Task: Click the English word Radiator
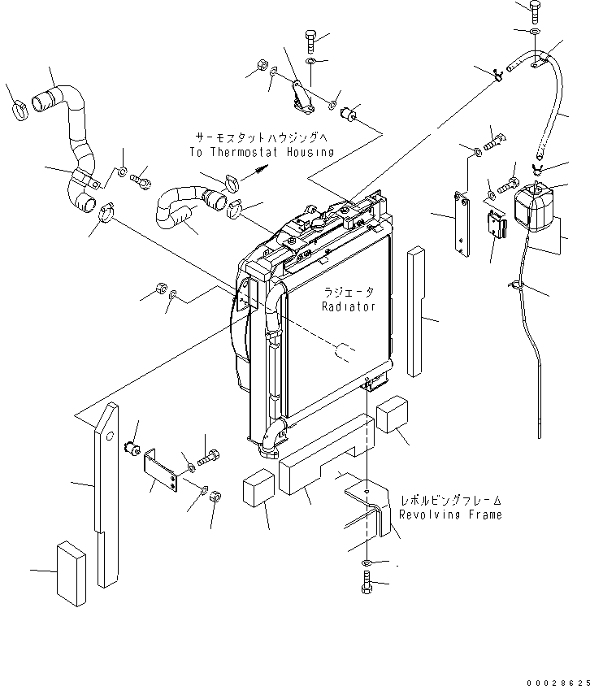pyautogui.click(x=348, y=306)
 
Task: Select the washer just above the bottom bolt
pyautogui.click(x=367, y=562)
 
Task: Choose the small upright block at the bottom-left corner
pyautogui.click(x=71, y=573)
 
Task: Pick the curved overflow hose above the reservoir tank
pyautogui.click(x=556, y=106)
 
